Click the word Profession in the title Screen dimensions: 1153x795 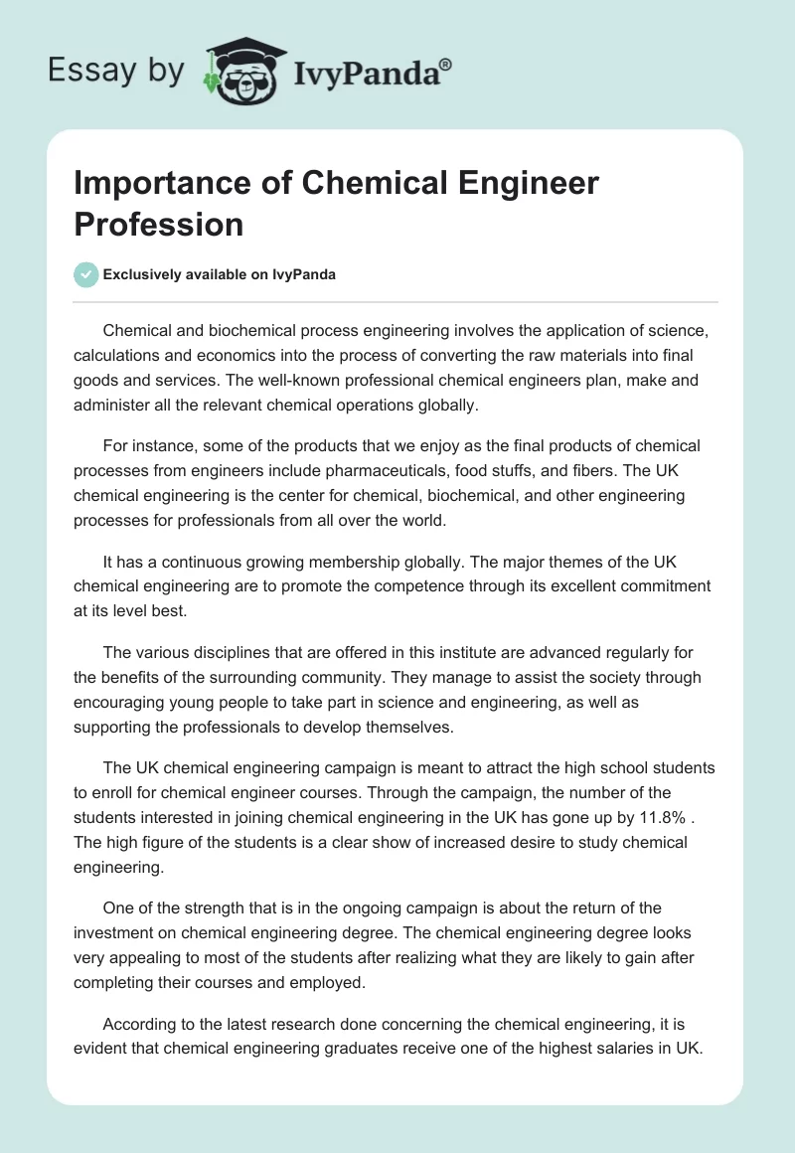pyautogui.click(x=159, y=224)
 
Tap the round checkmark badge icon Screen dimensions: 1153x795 pyautogui.click(x=86, y=274)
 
